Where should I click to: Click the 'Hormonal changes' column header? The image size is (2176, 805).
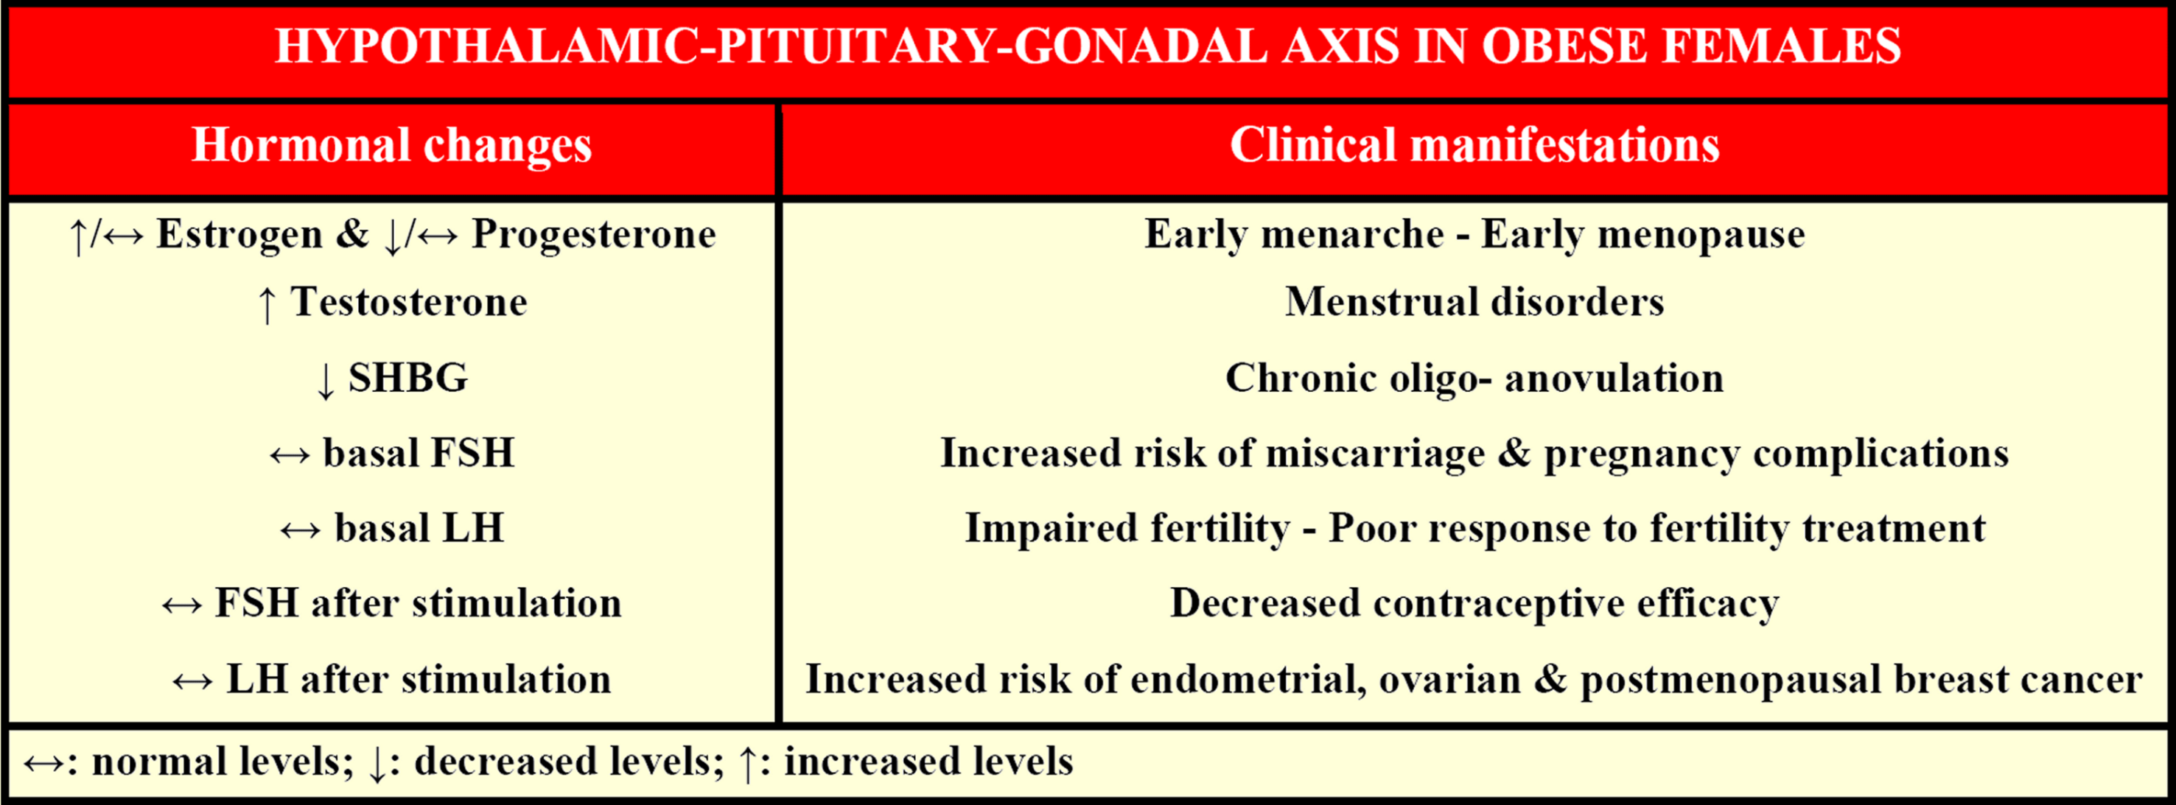point(392,145)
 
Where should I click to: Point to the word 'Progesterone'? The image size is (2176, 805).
point(594,235)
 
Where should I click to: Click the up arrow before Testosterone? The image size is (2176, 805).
point(267,304)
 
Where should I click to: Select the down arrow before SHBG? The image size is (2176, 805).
point(325,380)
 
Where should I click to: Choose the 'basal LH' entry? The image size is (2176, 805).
point(419,529)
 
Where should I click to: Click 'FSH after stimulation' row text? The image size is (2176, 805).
point(418,604)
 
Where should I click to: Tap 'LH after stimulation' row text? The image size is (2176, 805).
point(419,680)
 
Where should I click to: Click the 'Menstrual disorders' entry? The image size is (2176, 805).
point(1474,303)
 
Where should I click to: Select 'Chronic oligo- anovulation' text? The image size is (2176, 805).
point(1474,379)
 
